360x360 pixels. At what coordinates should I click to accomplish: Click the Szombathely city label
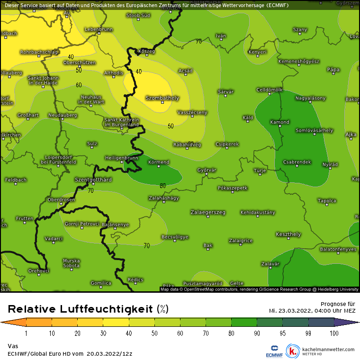coord(162,98)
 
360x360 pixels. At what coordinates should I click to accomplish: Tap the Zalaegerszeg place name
coord(208,212)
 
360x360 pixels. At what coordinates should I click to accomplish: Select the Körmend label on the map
coord(159,162)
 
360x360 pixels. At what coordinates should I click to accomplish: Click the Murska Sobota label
coord(72,263)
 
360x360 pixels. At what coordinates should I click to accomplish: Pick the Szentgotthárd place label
coord(93,180)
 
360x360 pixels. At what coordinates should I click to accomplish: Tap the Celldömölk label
coord(269,89)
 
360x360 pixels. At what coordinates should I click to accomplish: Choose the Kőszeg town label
coord(146,51)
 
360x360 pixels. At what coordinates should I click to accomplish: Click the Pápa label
coord(333,70)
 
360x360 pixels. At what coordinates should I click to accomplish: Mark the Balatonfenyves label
coord(338,249)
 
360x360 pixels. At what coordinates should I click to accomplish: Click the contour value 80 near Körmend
coord(162,186)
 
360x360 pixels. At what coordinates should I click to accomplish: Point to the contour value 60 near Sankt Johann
coord(79,85)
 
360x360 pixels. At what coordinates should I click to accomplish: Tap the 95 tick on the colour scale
coord(283,333)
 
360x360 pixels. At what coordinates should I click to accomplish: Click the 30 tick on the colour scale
coord(103,333)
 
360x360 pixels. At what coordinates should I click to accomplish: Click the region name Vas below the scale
coord(13,346)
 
